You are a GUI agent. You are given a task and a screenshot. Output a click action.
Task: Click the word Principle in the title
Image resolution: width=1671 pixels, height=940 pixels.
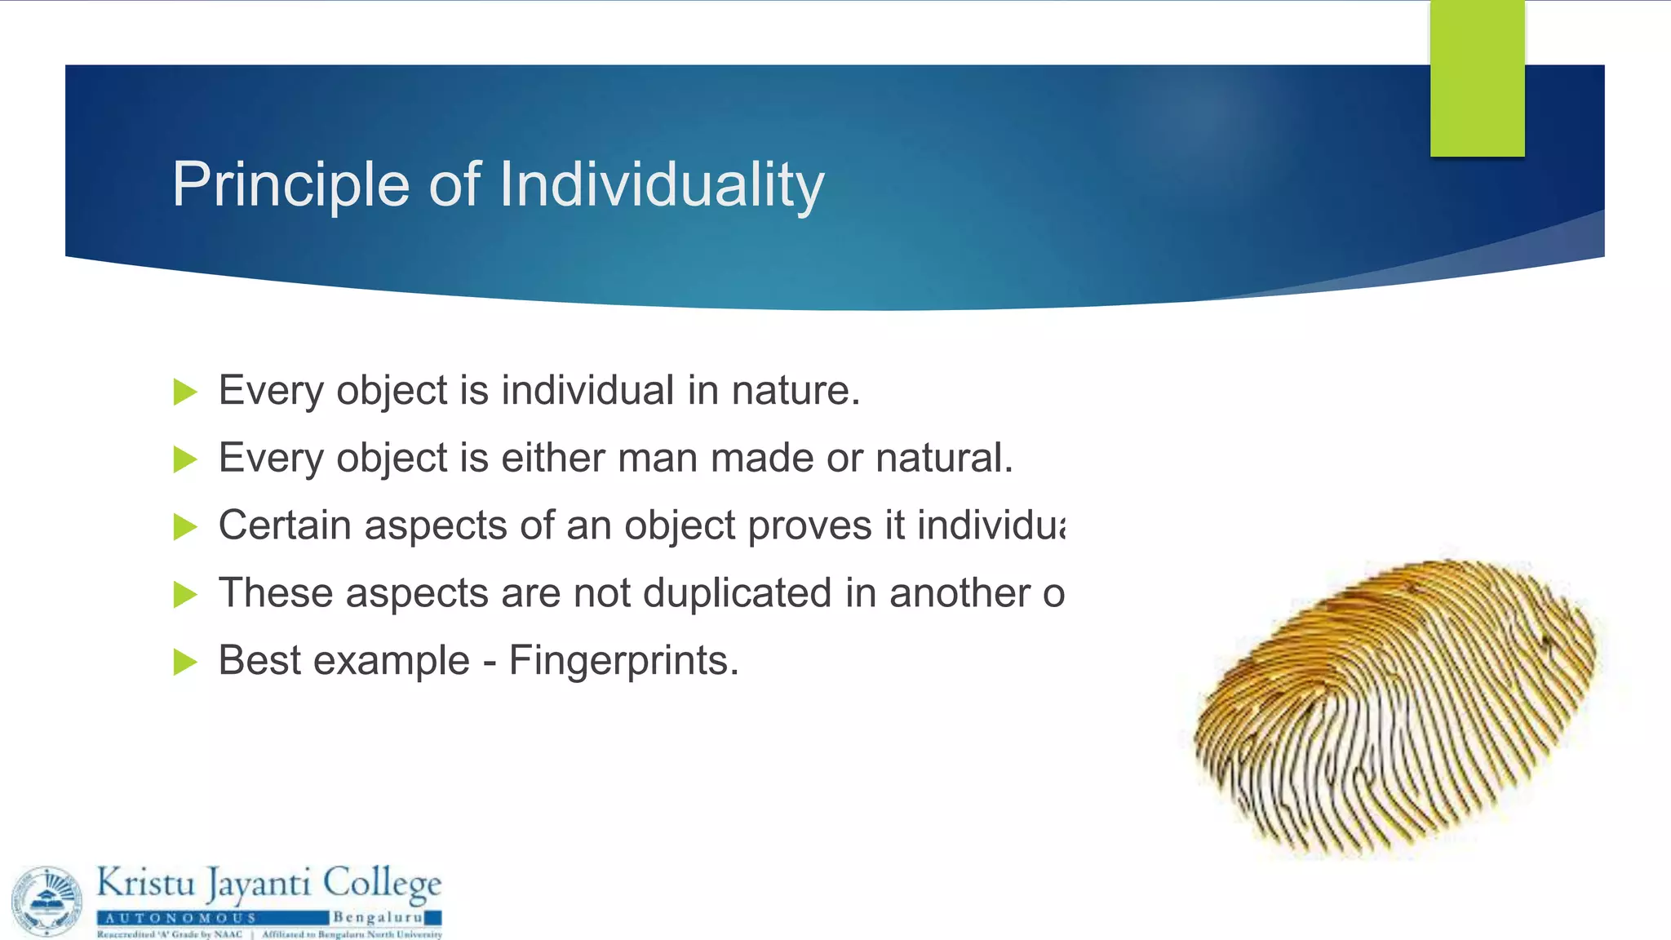[x=290, y=185]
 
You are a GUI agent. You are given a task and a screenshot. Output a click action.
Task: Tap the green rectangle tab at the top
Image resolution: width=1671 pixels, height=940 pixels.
[x=1477, y=78]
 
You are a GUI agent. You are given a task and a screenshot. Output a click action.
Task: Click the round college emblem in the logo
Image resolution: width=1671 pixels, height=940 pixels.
[x=47, y=901]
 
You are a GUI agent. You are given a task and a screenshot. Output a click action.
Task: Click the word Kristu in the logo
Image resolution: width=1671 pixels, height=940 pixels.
[x=146, y=883]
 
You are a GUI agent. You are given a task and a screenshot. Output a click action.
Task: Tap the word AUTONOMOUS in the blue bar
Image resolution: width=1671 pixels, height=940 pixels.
[x=181, y=918]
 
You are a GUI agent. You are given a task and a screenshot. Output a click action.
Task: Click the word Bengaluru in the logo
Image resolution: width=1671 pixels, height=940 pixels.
[x=377, y=917]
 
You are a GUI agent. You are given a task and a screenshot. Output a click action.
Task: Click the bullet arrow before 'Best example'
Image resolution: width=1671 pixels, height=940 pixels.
[x=185, y=662]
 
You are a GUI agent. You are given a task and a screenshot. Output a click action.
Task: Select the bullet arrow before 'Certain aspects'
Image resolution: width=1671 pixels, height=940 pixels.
[x=185, y=526]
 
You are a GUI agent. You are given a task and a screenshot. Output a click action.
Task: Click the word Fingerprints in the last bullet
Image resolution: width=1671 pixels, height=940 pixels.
[x=623, y=661]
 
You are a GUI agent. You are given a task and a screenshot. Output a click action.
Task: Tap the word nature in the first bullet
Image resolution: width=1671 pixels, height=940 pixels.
[x=795, y=390]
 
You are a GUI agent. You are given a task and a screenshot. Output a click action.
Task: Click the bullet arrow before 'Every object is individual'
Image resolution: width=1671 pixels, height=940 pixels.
[x=185, y=392]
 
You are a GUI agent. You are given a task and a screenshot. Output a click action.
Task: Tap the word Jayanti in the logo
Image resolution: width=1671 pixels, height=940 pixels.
[x=258, y=885]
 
